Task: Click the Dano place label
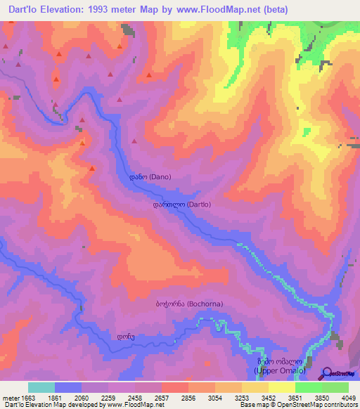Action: [146, 177]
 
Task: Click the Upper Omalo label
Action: [280, 364]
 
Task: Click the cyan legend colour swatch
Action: [41, 387]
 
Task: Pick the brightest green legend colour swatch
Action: [308, 387]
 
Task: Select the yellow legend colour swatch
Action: [281, 387]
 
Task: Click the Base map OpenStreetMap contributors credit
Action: [296, 405]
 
